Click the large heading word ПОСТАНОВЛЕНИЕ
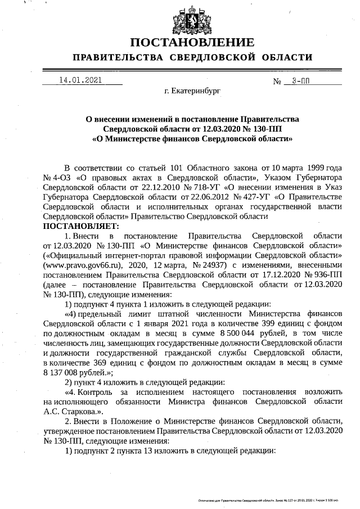point(192,43)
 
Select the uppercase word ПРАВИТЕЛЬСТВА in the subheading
point(113,57)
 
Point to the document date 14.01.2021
point(80,80)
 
